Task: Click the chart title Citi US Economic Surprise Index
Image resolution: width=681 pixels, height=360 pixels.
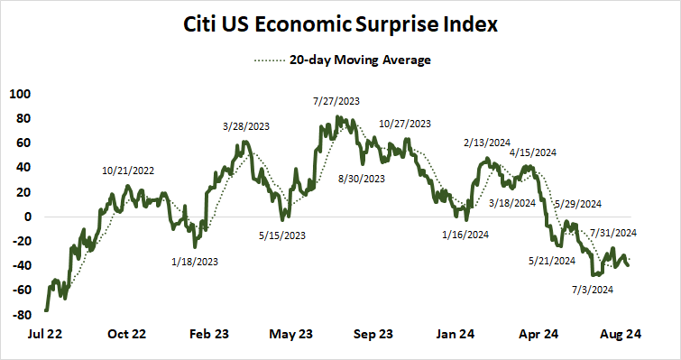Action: click(340, 24)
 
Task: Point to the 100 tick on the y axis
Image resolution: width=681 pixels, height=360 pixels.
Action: click(20, 94)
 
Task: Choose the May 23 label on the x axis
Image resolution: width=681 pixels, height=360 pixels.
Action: click(290, 333)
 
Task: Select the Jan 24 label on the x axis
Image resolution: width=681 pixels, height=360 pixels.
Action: click(455, 333)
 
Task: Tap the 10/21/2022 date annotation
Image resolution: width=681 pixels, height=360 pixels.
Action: click(128, 170)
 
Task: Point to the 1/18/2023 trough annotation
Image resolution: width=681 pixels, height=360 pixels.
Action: click(194, 262)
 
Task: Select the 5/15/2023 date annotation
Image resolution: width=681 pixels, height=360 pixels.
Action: click(281, 235)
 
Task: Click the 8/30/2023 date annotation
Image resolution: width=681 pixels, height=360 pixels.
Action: click(361, 179)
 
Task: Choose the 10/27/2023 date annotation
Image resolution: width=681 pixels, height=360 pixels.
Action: click(405, 124)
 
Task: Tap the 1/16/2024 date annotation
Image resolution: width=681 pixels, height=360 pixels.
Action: click(466, 235)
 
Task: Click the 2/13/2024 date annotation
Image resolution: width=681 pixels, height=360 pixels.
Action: click(488, 142)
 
